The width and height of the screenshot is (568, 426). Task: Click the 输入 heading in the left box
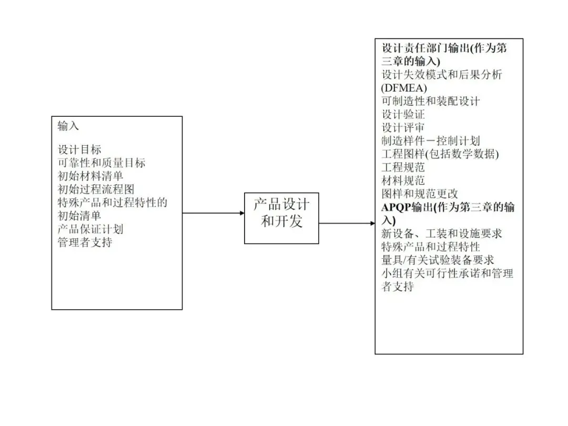pyautogui.click(x=68, y=126)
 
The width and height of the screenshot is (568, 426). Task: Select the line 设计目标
pyautogui.click(x=79, y=150)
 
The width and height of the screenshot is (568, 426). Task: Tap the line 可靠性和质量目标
pyautogui.click(x=102, y=163)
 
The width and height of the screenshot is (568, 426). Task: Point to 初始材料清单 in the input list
pyautogui.click(x=90, y=176)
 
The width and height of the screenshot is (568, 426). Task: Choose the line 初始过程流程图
pyautogui.click(x=96, y=189)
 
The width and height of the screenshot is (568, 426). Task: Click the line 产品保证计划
pyautogui.click(x=90, y=229)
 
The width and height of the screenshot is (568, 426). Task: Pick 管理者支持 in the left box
pyautogui.click(x=85, y=242)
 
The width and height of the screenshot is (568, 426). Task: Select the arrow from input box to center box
pyautogui.click(x=214, y=213)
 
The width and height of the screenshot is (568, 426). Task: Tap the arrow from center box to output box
pyautogui.click(x=347, y=224)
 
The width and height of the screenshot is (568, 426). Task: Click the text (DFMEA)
pyautogui.click(x=404, y=88)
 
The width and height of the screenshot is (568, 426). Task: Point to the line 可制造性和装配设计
pyautogui.click(x=431, y=101)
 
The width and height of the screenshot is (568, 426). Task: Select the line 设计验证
pyautogui.click(x=403, y=114)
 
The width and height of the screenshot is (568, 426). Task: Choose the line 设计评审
pyautogui.click(x=403, y=128)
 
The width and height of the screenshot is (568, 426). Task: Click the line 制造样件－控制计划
pyautogui.click(x=431, y=141)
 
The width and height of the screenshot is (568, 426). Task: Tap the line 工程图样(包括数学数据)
pyautogui.click(x=440, y=155)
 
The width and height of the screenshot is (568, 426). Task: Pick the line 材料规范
pyautogui.click(x=403, y=181)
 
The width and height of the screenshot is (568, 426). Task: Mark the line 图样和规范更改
pyautogui.click(x=420, y=194)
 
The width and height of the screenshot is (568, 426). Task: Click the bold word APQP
pyautogui.click(x=396, y=208)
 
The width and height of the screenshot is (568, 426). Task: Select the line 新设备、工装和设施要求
pyautogui.click(x=442, y=234)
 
